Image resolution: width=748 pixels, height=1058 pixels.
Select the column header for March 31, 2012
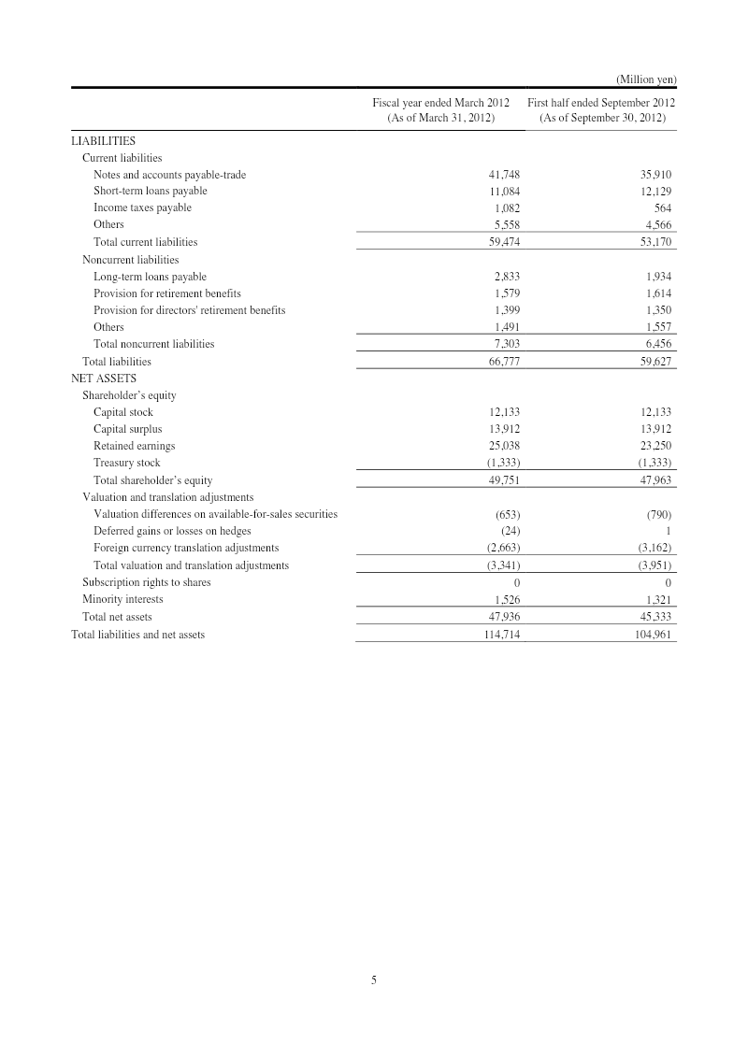[x=440, y=110]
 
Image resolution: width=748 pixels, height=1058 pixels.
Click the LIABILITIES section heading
[x=104, y=141]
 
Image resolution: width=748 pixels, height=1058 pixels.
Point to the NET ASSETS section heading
[x=104, y=379]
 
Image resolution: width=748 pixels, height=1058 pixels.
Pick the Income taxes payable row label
[x=142, y=207]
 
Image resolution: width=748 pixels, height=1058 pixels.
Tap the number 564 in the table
[x=662, y=208]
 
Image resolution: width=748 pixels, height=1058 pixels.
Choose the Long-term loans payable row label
[x=150, y=277]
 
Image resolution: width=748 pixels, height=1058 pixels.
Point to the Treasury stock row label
[x=126, y=463]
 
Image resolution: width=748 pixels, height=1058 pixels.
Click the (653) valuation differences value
[x=507, y=514]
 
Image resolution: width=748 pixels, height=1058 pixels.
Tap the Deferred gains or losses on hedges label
[x=172, y=531]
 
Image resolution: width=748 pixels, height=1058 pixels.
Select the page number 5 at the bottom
[x=374, y=979]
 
